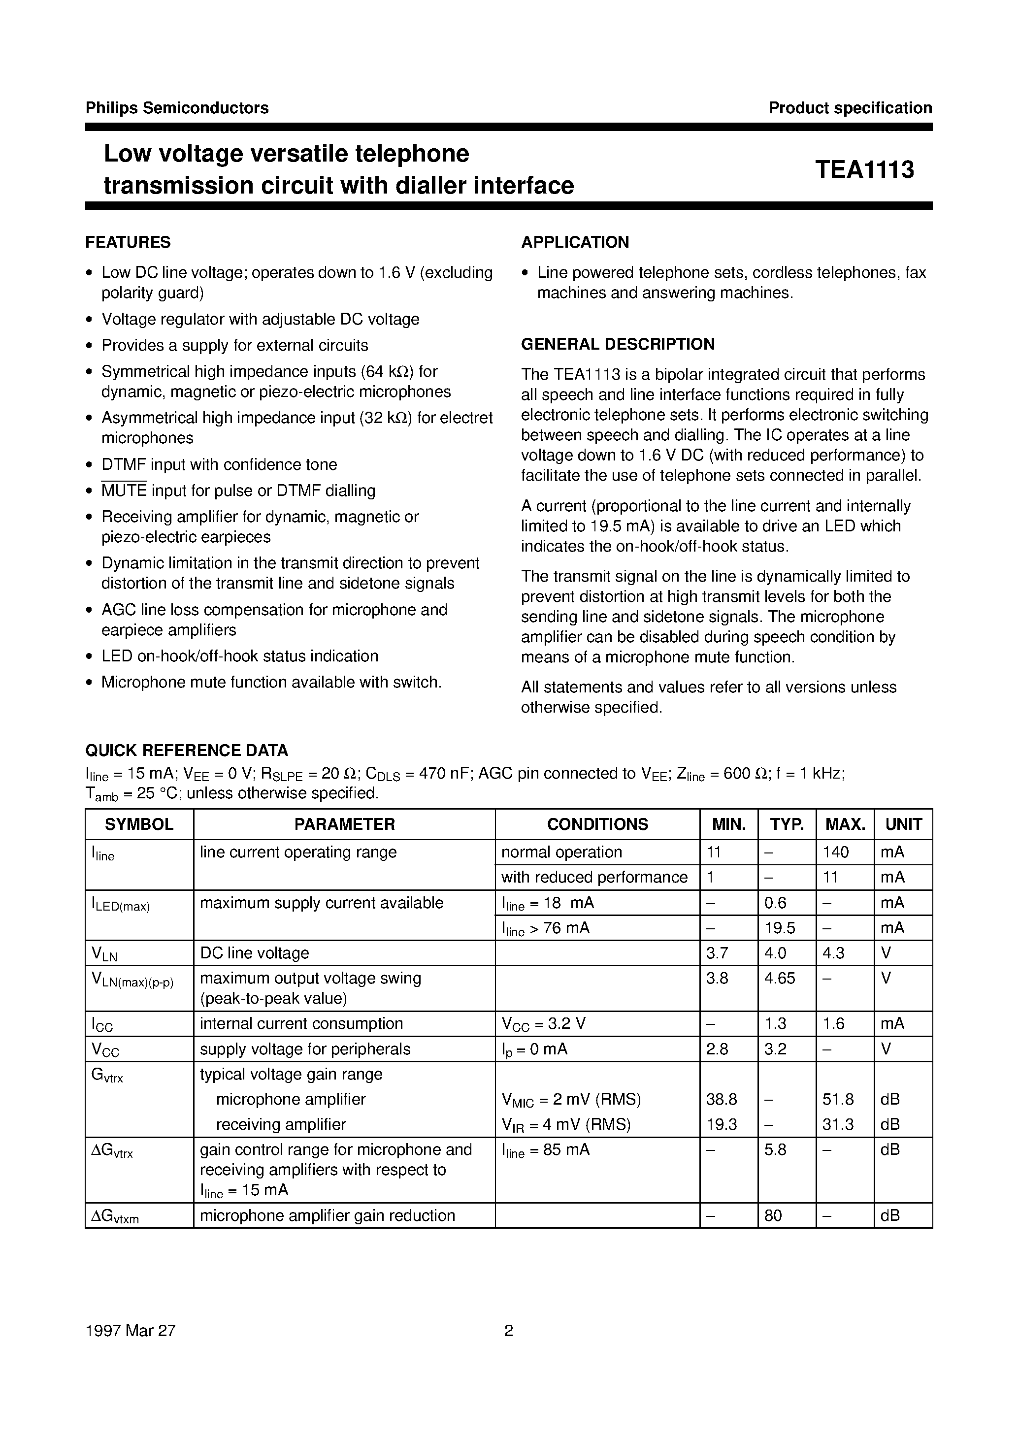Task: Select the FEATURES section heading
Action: pyautogui.click(x=128, y=242)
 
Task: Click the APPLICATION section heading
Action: pyautogui.click(x=575, y=242)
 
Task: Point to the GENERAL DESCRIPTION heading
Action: pyautogui.click(x=618, y=344)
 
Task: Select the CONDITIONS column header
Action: pyautogui.click(x=597, y=824)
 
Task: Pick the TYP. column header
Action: pyautogui.click(x=787, y=824)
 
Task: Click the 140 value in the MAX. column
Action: pyautogui.click(x=836, y=852)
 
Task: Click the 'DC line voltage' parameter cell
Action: pyautogui.click(x=254, y=952)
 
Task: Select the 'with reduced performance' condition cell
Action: pyautogui.click(x=594, y=877)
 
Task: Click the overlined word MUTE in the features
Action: pyautogui.click(x=124, y=491)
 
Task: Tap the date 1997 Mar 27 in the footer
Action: pyautogui.click(x=131, y=1330)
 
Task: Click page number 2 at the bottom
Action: pyautogui.click(x=509, y=1330)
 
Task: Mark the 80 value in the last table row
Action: pyautogui.click(x=773, y=1215)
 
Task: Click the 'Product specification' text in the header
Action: pyautogui.click(x=850, y=108)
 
